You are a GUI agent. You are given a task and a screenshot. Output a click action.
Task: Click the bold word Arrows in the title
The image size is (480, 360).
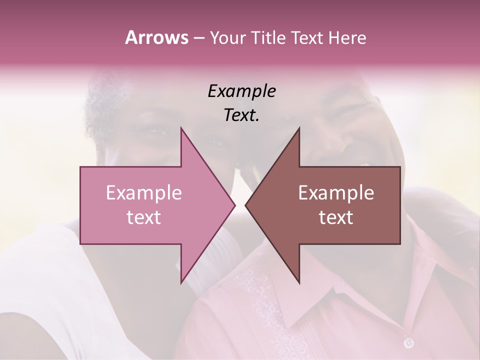pos(156,37)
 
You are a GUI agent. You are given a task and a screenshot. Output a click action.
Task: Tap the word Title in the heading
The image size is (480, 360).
pos(267,38)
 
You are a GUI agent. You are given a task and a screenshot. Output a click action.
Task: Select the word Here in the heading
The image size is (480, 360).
pos(347,38)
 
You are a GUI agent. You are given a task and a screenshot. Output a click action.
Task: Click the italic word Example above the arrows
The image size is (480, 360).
pos(241,91)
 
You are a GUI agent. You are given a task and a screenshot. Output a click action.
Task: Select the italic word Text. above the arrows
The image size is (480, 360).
pos(241,115)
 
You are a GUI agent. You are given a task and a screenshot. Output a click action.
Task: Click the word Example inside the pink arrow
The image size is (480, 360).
pos(143,193)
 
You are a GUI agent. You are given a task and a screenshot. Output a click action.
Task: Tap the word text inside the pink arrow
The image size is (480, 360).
pos(143,217)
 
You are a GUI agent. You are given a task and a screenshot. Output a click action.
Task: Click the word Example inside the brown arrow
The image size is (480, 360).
pos(336,193)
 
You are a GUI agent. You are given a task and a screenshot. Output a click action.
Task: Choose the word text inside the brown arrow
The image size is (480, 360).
pos(336,217)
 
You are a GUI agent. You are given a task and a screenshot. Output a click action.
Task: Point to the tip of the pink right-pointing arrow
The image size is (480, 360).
pos(235,205)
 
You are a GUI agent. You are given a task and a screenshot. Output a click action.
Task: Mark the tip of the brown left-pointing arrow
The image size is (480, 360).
pos(245,205)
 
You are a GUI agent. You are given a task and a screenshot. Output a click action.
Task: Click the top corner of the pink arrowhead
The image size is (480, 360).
pos(181,128)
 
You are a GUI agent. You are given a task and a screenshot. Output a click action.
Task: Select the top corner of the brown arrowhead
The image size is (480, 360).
pos(299,128)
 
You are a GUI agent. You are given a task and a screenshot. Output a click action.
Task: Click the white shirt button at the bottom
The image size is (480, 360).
pos(409,343)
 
